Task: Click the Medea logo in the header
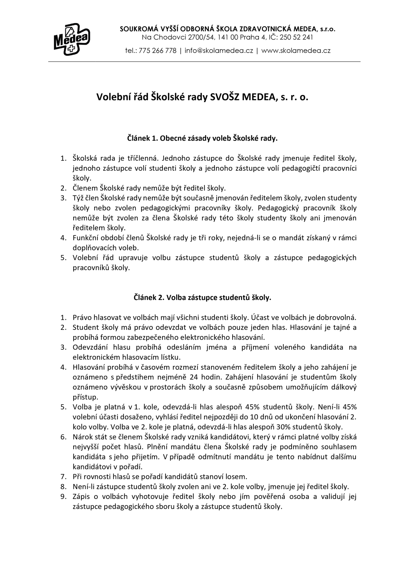pos(72,39)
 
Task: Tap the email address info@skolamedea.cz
pos(219,51)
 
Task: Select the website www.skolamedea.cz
pos(296,51)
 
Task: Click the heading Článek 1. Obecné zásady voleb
pos(202,138)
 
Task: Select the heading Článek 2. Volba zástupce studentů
pos(202,297)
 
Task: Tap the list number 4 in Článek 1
pos(63,238)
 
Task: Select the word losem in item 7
pos(238,476)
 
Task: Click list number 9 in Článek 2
pos(63,496)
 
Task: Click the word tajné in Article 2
pos(341,327)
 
